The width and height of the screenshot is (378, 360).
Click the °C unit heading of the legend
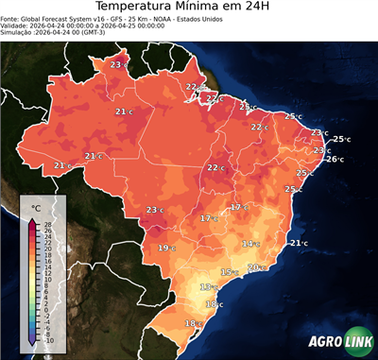pos(35,206)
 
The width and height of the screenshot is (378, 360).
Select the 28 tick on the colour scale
pos(48,223)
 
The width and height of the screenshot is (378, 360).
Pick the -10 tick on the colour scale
pos(48,339)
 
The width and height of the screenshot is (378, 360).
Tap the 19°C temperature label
pos(165,248)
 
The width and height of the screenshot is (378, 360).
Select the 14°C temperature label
pos(249,244)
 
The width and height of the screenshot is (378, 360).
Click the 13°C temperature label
pos(207,286)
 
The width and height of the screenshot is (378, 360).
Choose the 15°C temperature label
pos(228,272)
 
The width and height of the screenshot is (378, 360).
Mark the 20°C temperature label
pos(254,267)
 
